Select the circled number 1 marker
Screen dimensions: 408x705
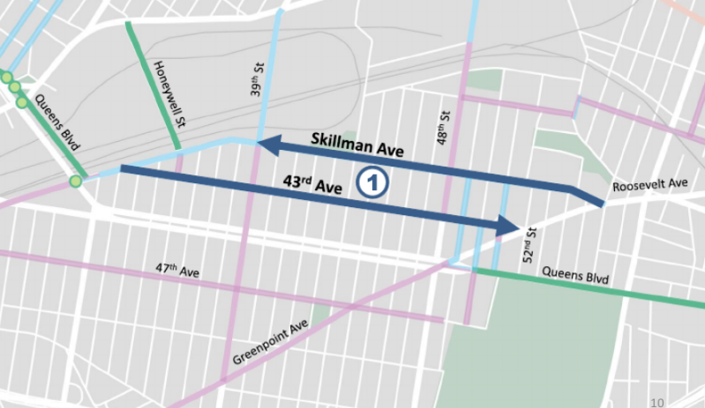372,182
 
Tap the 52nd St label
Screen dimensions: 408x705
529,239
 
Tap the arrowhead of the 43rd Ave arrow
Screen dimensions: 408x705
510,226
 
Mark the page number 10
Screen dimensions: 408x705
656,402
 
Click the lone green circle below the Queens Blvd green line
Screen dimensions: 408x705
76,182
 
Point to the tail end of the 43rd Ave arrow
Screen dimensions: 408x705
123,167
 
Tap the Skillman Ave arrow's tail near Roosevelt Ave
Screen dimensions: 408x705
601,203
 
